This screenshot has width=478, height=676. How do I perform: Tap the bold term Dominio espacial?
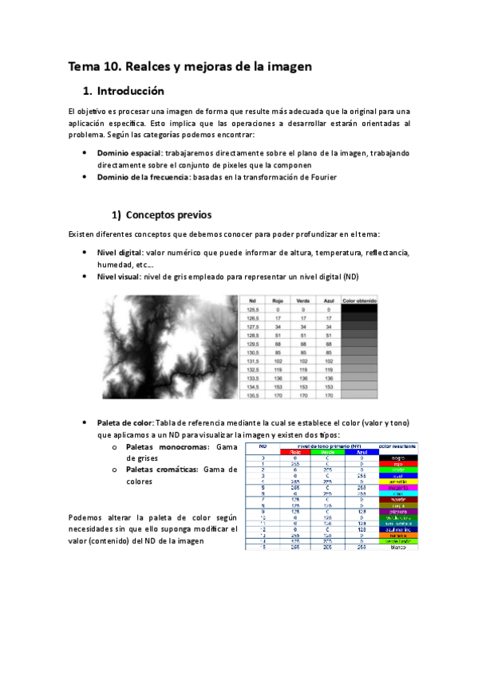(129, 152)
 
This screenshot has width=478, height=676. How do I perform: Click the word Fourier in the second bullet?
(318, 178)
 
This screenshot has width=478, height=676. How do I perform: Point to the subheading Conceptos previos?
(168, 214)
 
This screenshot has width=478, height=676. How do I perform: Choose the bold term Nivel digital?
(120, 253)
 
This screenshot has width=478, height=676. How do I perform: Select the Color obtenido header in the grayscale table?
(359, 301)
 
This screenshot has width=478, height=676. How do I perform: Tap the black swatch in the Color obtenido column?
(359, 310)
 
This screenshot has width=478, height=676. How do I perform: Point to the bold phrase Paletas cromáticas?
(166, 471)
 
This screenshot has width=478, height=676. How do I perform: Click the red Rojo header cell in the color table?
(294, 452)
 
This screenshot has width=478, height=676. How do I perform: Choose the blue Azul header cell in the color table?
(361, 452)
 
